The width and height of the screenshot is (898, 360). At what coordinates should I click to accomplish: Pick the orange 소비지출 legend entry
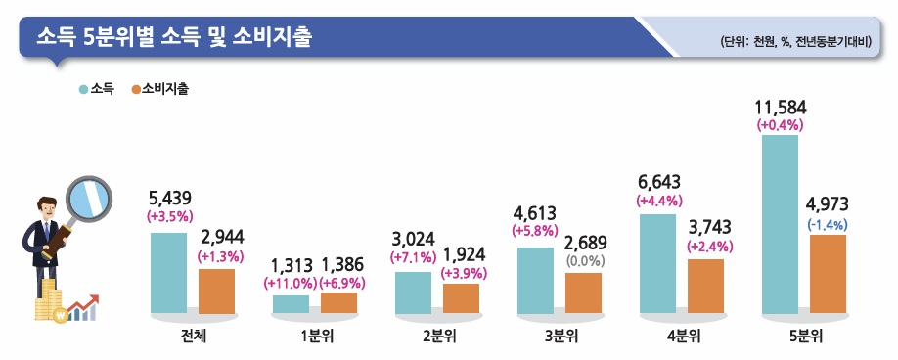[159, 89]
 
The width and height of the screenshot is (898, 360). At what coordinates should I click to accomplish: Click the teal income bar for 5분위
[780, 225]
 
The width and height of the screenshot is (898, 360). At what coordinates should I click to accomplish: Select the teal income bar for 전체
[168, 273]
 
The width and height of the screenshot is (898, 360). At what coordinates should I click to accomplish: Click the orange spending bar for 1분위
[339, 303]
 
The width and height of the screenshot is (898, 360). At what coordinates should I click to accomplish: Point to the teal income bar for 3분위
[535, 281]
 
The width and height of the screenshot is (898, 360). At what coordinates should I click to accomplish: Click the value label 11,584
[780, 106]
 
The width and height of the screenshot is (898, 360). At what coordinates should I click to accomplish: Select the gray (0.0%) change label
[584, 261]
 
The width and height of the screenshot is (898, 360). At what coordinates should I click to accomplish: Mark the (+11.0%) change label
[291, 283]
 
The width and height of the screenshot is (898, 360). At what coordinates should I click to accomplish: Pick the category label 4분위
[682, 337]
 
